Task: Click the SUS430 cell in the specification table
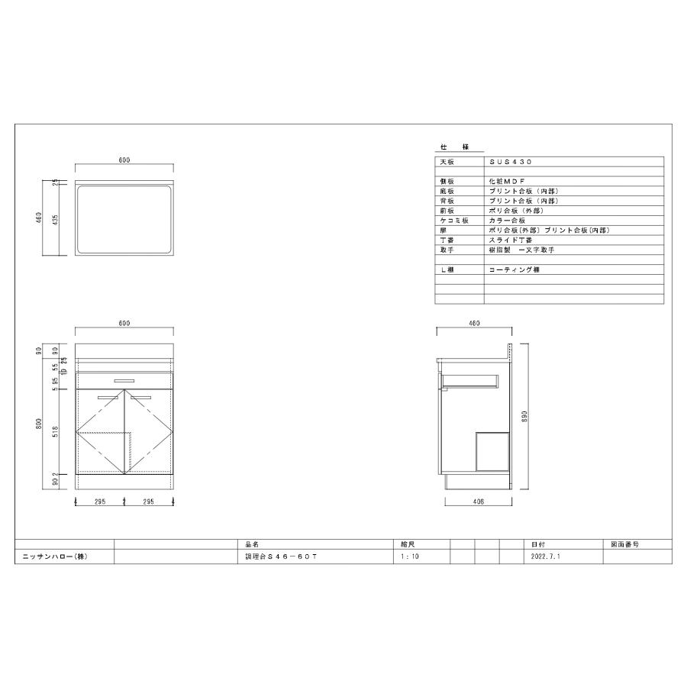coord(511,163)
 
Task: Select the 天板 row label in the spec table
coord(447,163)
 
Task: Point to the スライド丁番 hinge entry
coord(511,240)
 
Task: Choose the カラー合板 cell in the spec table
coord(507,220)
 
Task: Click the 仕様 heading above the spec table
coord(455,146)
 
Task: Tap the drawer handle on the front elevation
coord(124,379)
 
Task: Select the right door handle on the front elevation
coord(141,397)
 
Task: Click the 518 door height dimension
coord(66,433)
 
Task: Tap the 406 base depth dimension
coord(477,502)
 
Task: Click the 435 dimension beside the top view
coord(66,220)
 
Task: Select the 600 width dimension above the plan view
coord(124,160)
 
